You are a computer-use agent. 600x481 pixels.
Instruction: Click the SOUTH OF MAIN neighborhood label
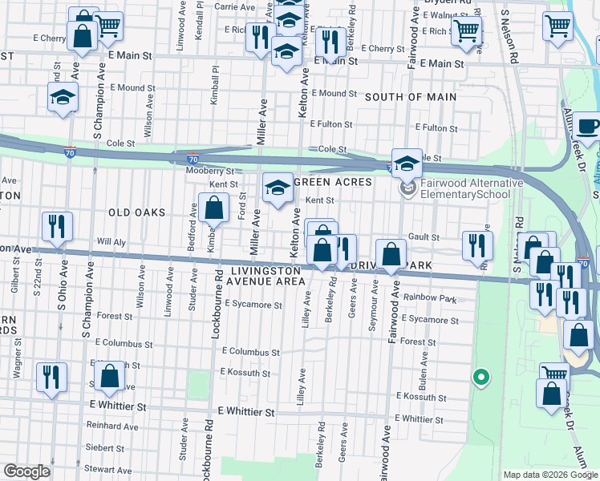tap(411, 97)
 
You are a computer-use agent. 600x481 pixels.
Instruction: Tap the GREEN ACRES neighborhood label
tap(333, 182)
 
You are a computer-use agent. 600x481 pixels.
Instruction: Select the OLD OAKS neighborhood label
tap(136, 212)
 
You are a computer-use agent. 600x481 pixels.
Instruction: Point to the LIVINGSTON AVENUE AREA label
tap(266, 276)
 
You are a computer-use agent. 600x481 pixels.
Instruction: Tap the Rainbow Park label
tap(431, 299)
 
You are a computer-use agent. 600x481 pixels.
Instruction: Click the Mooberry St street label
tap(209, 171)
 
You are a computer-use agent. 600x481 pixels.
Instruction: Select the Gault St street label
tap(424, 237)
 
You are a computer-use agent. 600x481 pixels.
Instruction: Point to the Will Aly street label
tap(111, 241)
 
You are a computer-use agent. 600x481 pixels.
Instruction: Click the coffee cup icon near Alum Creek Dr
tap(587, 127)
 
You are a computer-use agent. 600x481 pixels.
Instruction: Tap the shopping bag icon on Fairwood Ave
tap(391, 256)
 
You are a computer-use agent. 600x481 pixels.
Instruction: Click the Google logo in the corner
tap(26, 471)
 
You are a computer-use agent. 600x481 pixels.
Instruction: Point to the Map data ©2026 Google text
tap(550, 475)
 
